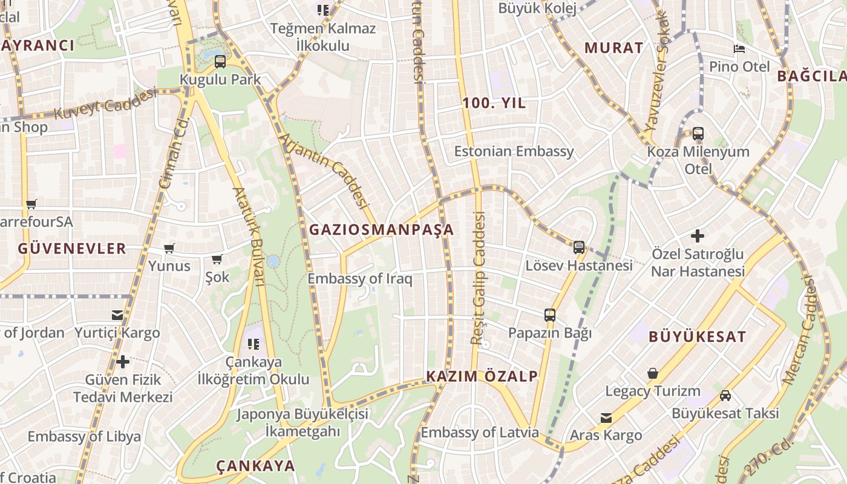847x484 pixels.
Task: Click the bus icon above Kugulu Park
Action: coord(220,61)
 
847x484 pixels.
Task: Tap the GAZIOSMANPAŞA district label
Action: coord(381,230)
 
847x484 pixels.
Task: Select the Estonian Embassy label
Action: coord(514,151)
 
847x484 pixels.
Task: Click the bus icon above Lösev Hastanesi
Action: coord(579,247)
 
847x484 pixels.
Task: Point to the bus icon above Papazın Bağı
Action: coord(549,315)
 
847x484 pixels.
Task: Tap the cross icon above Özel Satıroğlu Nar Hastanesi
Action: coord(698,235)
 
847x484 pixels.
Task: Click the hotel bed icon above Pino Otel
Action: coord(739,48)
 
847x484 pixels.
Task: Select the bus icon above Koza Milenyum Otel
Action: coord(698,134)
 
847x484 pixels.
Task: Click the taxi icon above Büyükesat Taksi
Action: coord(725,396)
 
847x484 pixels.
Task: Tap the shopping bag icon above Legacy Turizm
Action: coord(652,373)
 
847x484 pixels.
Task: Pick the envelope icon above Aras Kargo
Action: coord(606,417)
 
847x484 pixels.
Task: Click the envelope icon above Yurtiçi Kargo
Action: coord(117,315)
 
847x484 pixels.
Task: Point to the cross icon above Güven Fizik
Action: coord(123,362)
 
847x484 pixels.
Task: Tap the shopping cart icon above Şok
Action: coord(217,259)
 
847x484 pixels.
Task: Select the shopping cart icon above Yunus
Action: coord(169,248)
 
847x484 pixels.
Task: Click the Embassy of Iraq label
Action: coord(360,279)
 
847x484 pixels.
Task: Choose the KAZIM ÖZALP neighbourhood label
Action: coord(482,376)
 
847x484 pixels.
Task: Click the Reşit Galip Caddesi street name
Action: coord(479,278)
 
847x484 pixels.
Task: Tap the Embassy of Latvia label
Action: coord(480,433)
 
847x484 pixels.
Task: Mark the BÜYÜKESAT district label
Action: coord(697,337)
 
